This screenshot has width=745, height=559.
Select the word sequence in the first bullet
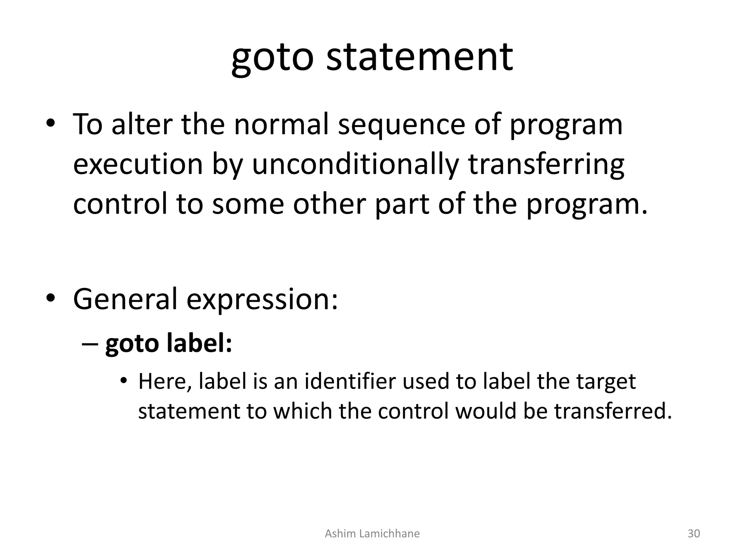coord(401,124)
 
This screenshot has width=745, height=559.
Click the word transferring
coord(546,164)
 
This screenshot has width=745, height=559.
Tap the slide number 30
coord(693,534)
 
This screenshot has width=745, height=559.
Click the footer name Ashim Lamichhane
coord(372,534)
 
